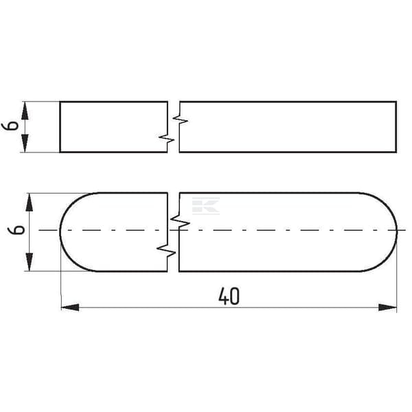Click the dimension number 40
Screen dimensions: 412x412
(x=229, y=296)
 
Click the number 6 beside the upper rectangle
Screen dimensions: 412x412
(x=10, y=126)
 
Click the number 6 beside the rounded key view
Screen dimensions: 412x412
(x=16, y=229)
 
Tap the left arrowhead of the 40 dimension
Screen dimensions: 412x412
(x=70, y=307)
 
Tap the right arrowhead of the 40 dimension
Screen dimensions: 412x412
(x=387, y=307)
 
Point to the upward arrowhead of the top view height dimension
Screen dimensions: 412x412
(x=25, y=111)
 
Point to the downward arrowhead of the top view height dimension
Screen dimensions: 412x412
(x=25, y=143)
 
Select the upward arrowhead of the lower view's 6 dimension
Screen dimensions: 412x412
(x=29, y=203)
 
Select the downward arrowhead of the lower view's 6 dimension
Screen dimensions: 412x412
(x=29, y=262)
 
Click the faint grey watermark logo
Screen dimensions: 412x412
(x=206, y=206)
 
